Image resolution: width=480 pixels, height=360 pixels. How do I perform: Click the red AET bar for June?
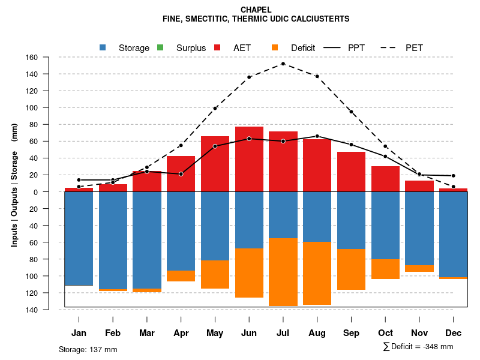tap(249, 159)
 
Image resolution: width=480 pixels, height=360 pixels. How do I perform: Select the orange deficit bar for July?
tap(283, 272)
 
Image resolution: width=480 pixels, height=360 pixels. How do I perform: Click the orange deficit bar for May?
tap(215, 274)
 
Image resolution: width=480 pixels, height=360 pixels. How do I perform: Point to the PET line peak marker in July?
tap(283, 64)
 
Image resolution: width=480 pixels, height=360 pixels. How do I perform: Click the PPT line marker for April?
tap(181, 174)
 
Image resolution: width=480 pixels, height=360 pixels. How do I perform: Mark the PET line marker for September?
tap(351, 112)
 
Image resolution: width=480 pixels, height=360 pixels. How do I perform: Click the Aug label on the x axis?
tap(317, 333)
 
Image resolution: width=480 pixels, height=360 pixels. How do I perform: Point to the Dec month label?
tap(454, 333)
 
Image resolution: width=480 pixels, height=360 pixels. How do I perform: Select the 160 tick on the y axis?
tap(49, 58)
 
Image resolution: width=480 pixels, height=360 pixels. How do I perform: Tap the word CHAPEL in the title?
tap(256, 10)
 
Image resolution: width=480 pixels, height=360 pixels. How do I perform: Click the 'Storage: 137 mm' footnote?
tap(88, 349)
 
